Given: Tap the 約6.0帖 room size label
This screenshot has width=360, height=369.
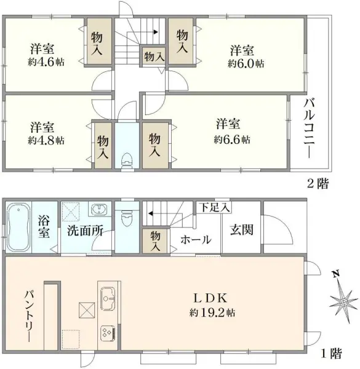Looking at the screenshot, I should pos(246,63).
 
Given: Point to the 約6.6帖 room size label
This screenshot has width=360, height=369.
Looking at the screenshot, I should pos(232,140).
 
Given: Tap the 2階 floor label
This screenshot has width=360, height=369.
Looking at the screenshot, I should pos(319,183).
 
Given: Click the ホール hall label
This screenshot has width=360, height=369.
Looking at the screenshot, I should pos(196,240).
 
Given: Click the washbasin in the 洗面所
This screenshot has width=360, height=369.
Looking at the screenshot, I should pos(97,211).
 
